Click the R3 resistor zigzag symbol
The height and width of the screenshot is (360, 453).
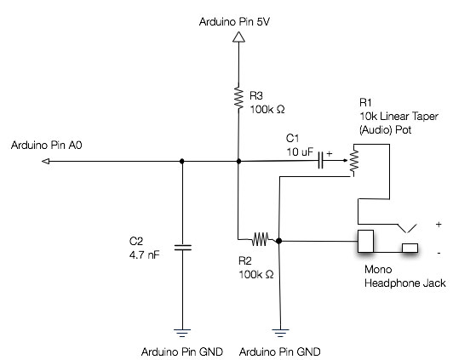pyautogui.click(x=238, y=97)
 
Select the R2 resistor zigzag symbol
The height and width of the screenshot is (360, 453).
pyautogui.click(x=260, y=239)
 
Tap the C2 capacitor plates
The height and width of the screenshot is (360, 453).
pyautogui.click(x=182, y=248)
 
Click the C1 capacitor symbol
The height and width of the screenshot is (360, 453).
pyautogui.click(x=320, y=161)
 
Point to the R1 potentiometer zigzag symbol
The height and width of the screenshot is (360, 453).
pyautogui.click(x=354, y=160)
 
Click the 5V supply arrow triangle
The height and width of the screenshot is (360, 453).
pyautogui.click(x=238, y=37)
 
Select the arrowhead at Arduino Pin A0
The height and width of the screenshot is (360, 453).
pyautogui.click(x=46, y=162)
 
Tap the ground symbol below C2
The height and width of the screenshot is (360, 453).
pyautogui.click(x=182, y=333)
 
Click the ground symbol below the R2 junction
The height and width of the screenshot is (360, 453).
pyautogui.click(x=280, y=333)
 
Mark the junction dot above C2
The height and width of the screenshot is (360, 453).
pyautogui.click(x=181, y=161)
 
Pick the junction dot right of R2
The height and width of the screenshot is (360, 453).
pyautogui.click(x=278, y=241)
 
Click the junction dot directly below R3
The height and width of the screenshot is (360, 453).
pyautogui.click(x=238, y=161)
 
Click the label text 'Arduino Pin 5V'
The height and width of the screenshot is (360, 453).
pyautogui.click(x=234, y=22)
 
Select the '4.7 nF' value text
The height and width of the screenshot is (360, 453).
pyautogui.click(x=144, y=255)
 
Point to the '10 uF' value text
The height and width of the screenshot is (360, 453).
pyautogui.click(x=300, y=151)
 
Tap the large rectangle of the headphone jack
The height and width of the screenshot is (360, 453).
pyautogui.click(x=365, y=241)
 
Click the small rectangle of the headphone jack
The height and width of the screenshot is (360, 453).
pyautogui.click(x=410, y=248)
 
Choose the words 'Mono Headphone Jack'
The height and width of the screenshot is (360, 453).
pyautogui.click(x=405, y=277)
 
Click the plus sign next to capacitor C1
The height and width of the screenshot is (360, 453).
pyautogui.click(x=330, y=154)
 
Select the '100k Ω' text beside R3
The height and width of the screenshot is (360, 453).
pyautogui.click(x=267, y=110)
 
